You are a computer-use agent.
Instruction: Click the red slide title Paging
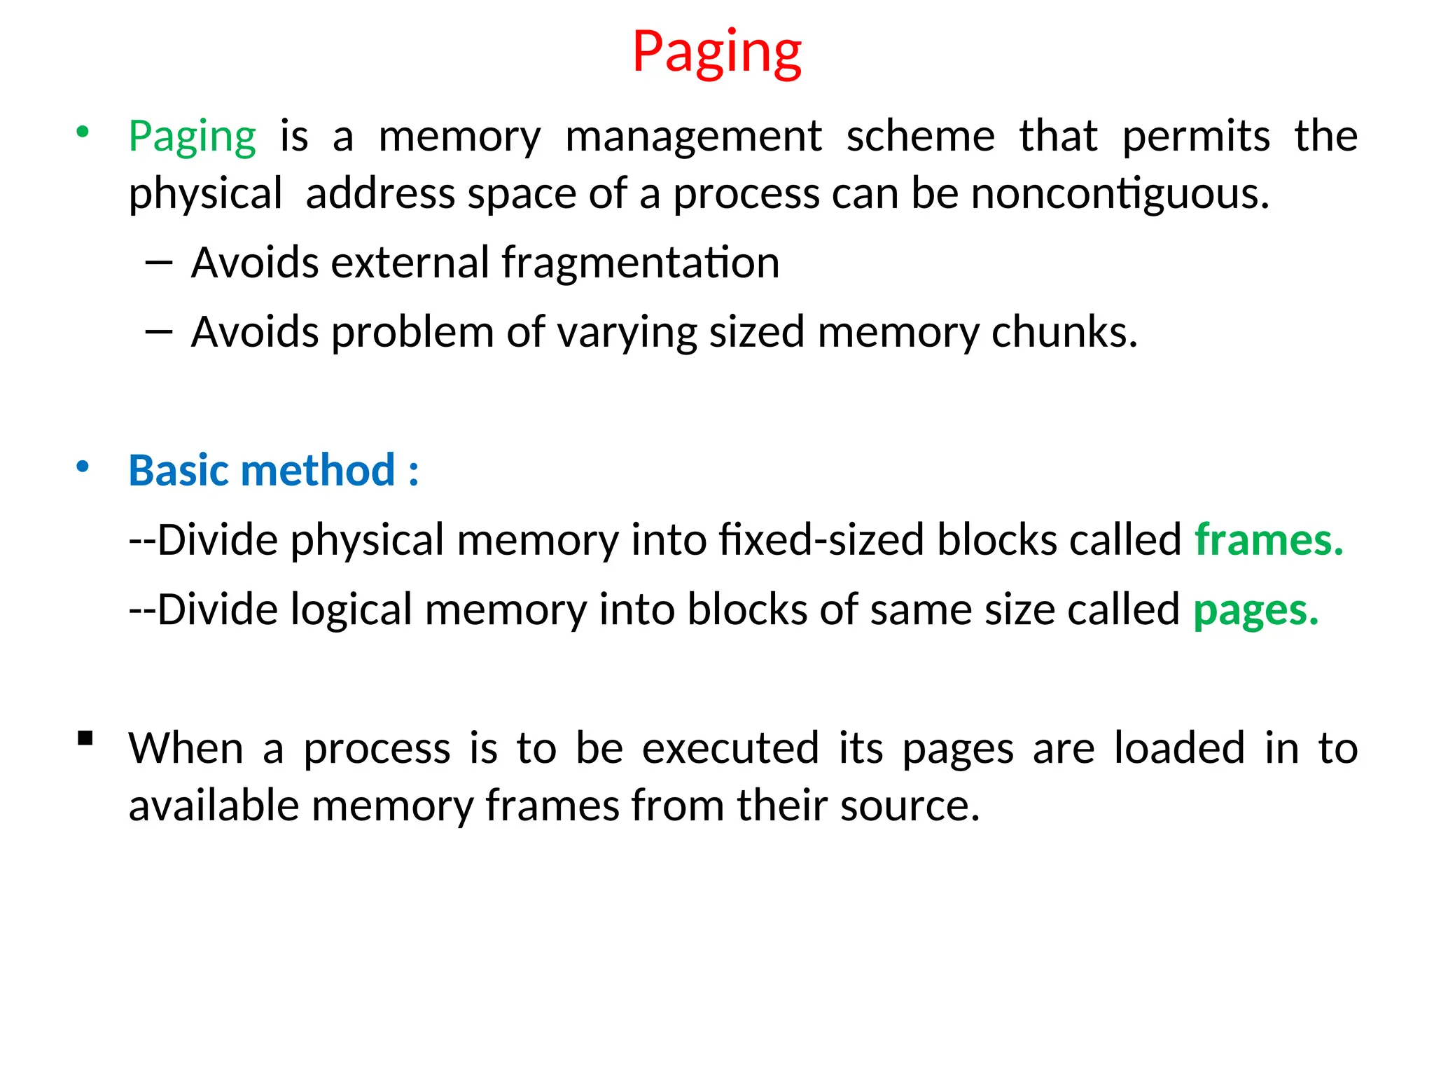(x=716, y=53)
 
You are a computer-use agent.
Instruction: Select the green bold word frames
(x=1268, y=540)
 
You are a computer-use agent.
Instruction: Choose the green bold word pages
(x=1255, y=609)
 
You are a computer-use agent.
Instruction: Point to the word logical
(x=351, y=609)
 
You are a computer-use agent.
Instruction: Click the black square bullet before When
(x=85, y=738)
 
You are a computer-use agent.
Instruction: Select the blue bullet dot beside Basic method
(x=83, y=467)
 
